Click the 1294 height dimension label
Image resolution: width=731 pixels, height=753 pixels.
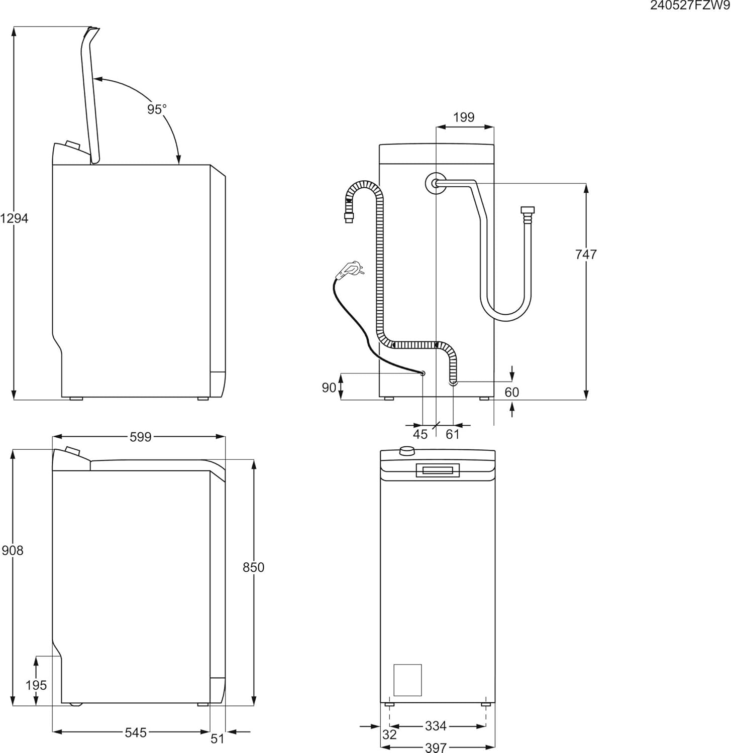coord(15,218)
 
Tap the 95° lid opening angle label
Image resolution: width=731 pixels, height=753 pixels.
coord(157,109)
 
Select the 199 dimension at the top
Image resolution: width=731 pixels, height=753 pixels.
coord(464,117)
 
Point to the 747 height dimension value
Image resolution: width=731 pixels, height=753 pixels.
coord(586,255)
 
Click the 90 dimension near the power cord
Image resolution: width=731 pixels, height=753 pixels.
coord(329,388)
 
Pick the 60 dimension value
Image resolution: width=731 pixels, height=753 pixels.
coord(511,392)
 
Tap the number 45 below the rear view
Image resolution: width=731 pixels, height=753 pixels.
coord(421,434)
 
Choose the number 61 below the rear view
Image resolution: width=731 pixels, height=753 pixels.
coord(453,434)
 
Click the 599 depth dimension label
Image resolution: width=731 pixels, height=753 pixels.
coord(141,437)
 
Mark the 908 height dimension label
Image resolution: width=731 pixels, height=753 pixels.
coord(13,551)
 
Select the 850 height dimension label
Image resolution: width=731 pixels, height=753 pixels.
coord(253,567)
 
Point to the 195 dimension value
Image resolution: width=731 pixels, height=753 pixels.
coord(36,685)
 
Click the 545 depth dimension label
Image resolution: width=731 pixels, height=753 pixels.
coord(136,733)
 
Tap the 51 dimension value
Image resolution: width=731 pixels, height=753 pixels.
coord(218,739)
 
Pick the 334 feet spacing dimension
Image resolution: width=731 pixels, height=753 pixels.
coord(436,726)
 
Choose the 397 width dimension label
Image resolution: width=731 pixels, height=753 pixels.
coord(436,747)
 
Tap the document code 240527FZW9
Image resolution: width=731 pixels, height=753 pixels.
coord(690,6)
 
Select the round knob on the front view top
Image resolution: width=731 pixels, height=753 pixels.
coord(407,450)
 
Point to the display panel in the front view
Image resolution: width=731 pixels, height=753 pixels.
coord(438,470)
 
